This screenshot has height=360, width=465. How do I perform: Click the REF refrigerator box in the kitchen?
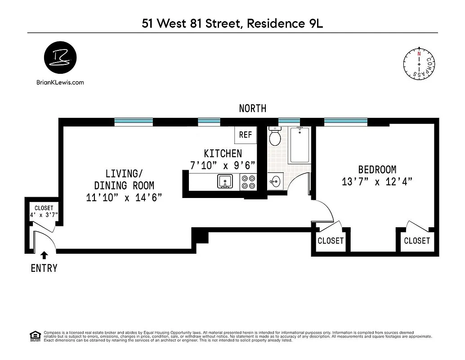point(245,135)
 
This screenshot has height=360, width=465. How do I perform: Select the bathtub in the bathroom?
point(299,145)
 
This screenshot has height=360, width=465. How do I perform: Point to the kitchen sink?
point(224,181)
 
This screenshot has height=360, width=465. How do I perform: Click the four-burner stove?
point(248,181)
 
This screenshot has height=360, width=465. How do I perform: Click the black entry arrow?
point(44,256)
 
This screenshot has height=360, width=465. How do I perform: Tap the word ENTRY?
point(44,269)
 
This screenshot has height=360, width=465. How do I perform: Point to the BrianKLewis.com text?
point(59,82)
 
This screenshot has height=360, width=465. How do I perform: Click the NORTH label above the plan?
point(252,108)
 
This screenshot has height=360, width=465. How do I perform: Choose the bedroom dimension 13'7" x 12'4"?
point(377,182)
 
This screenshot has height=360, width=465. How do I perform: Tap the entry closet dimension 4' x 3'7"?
point(44,215)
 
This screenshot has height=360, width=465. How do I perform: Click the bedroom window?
point(346,121)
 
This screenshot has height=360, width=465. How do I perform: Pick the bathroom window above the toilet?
point(289,121)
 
